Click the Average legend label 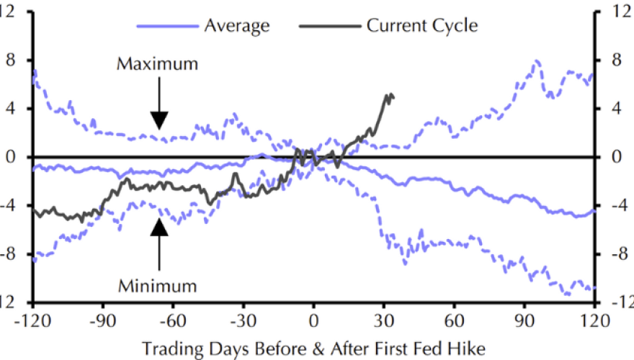point(236,26)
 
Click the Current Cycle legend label point(422,26)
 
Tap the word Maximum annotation point(157,64)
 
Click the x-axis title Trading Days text point(313,348)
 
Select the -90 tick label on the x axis point(102,319)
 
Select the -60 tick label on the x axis point(173,319)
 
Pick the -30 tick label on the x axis point(243,319)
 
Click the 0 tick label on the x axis point(313,319)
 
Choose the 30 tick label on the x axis point(384,319)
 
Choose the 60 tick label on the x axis point(454,319)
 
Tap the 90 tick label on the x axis point(524,319)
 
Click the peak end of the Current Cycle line point(390,94)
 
